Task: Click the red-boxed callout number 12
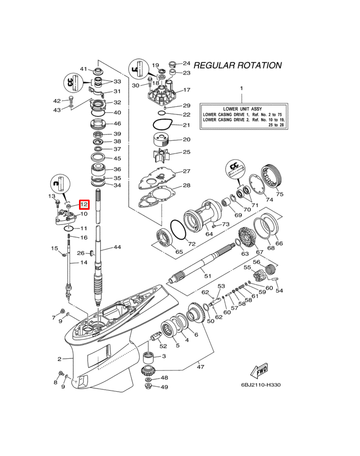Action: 84,205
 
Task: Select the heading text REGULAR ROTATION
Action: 237,65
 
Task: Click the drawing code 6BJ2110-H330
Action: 261,385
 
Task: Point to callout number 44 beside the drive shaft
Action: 117,247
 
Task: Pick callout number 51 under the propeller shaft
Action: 207,276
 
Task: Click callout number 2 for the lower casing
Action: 59,359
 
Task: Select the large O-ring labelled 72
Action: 178,231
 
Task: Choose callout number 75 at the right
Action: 279,194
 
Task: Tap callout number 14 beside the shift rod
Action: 84,262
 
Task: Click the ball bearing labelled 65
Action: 164,236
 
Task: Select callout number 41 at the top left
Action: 84,69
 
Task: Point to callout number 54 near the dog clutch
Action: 279,291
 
